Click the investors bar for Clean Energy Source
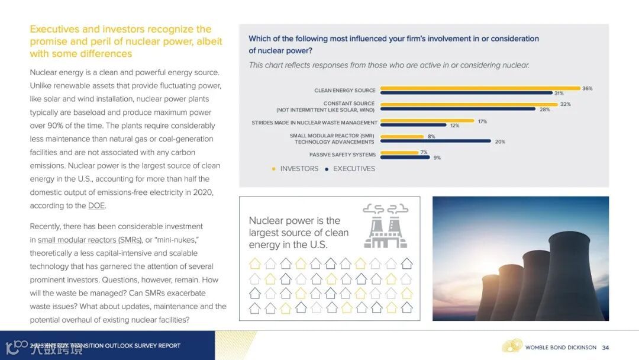[x=480, y=88]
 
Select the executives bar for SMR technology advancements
[x=435, y=141]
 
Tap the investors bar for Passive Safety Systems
[x=399, y=153]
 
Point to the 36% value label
[x=587, y=89]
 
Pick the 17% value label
[x=482, y=121]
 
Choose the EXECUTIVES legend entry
[x=354, y=169]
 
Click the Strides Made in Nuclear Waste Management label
[x=314, y=123]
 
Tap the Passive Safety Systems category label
[x=342, y=155]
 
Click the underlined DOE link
[x=96, y=206]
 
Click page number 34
[x=605, y=348]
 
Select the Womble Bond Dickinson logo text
[x=561, y=348]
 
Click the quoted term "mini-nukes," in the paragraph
[x=179, y=240]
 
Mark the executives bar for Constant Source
[x=457, y=109]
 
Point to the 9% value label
[x=437, y=158]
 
